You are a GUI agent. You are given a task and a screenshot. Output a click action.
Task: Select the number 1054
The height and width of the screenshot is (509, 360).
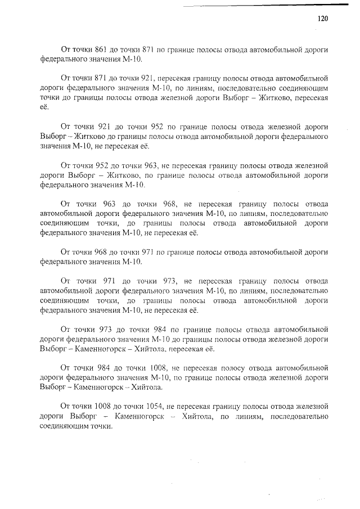pos(141,406)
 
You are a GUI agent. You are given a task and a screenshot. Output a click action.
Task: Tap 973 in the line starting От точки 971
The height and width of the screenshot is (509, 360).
pos(169,281)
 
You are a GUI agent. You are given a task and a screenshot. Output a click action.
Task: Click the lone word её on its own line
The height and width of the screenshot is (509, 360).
pos(45,107)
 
